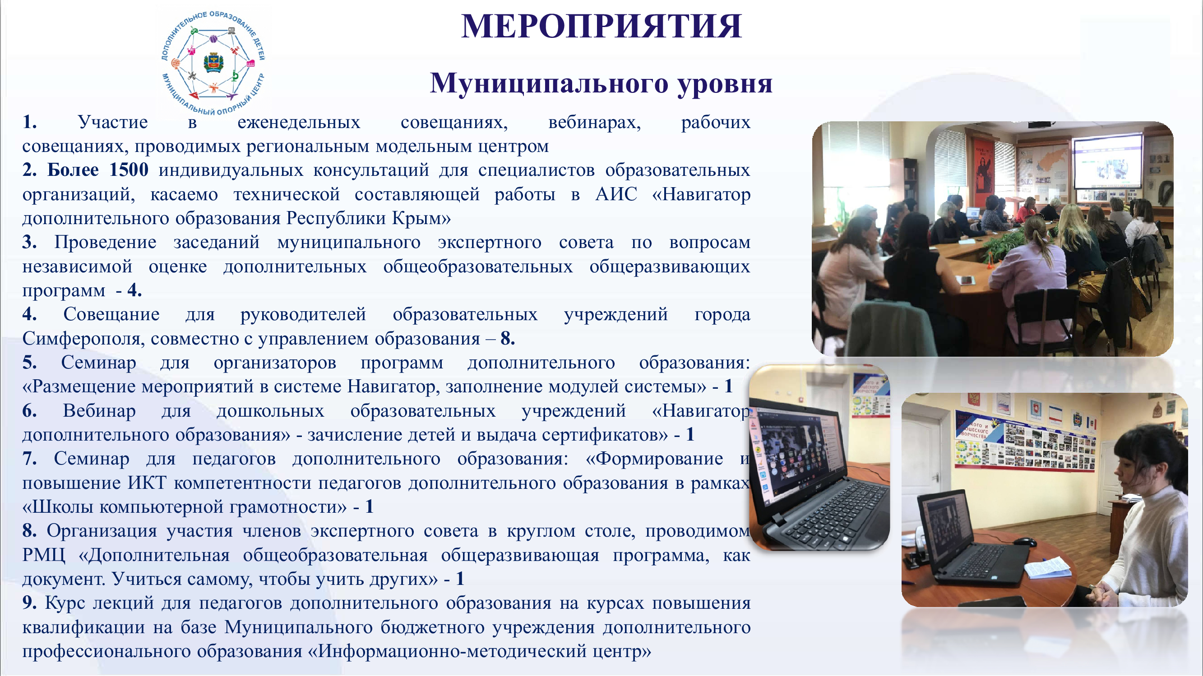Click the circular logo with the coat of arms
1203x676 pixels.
tap(213, 62)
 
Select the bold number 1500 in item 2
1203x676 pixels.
tap(129, 170)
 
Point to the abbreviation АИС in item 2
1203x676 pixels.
tap(616, 194)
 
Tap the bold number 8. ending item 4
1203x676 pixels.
tap(508, 338)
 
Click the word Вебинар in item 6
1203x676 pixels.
tap(99, 410)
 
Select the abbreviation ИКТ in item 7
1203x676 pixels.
tap(147, 482)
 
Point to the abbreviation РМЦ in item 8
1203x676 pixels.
tap(43, 555)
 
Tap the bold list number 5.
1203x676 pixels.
tap(29, 362)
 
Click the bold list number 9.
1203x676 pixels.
tap(29, 602)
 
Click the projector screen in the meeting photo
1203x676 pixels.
tap(1106, 161)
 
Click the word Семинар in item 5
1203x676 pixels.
tap(98, 363)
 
